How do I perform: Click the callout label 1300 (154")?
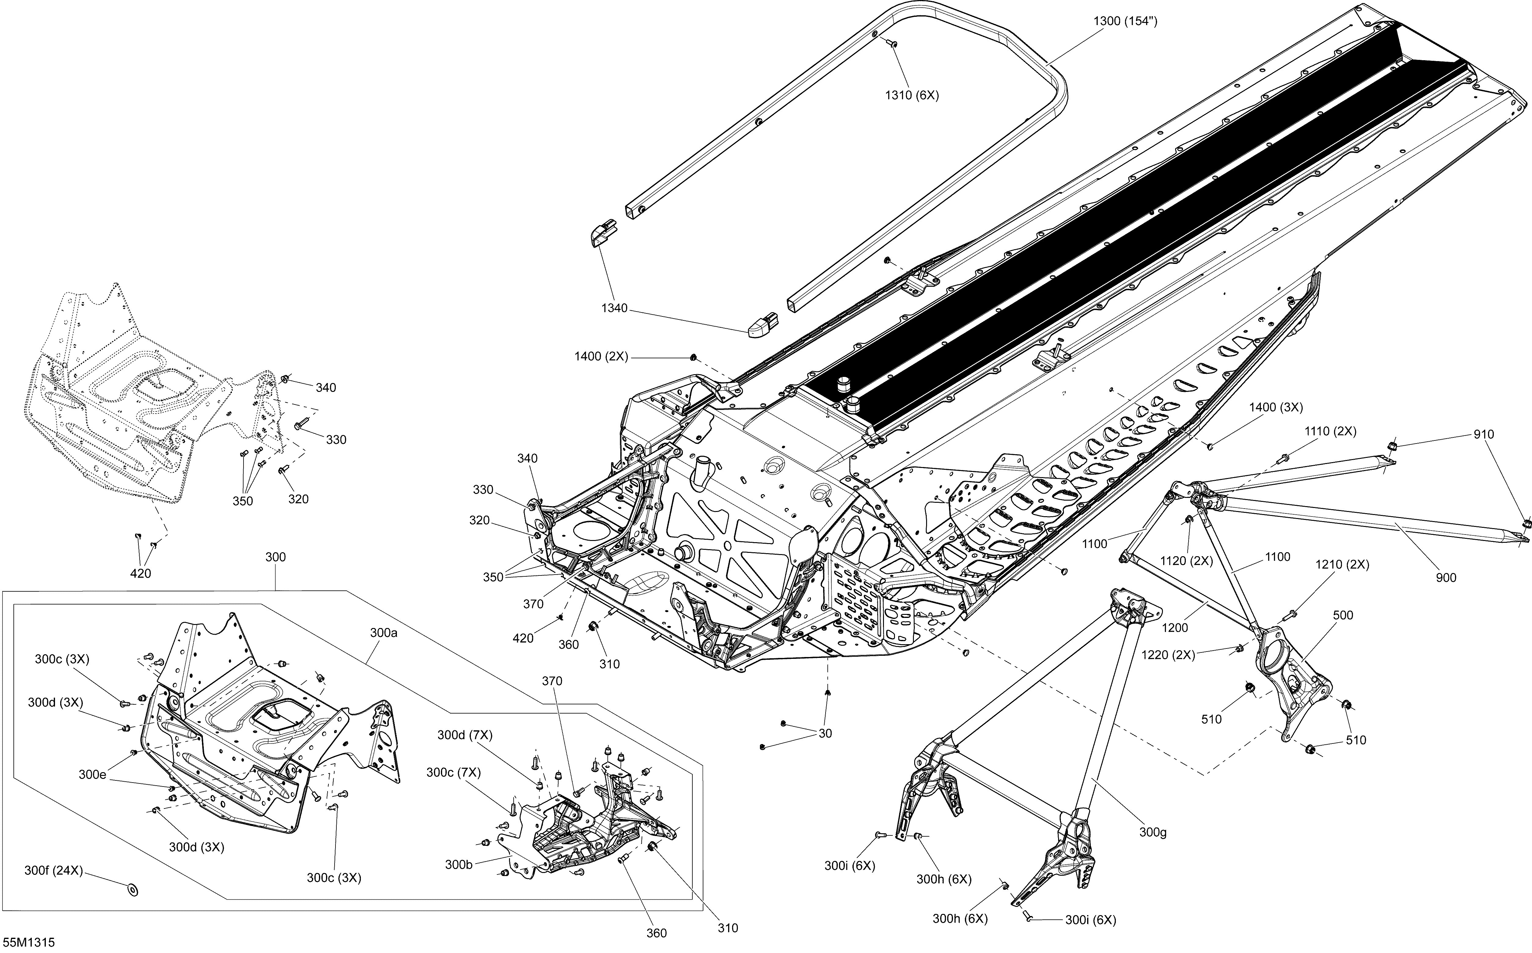(x=1125, y=21)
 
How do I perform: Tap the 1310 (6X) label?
(x=912, y=96)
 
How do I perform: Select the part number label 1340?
(x=614, y=308)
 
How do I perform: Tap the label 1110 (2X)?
(x=1330, y=432)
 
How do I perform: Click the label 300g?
(x=1153, y=833)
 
